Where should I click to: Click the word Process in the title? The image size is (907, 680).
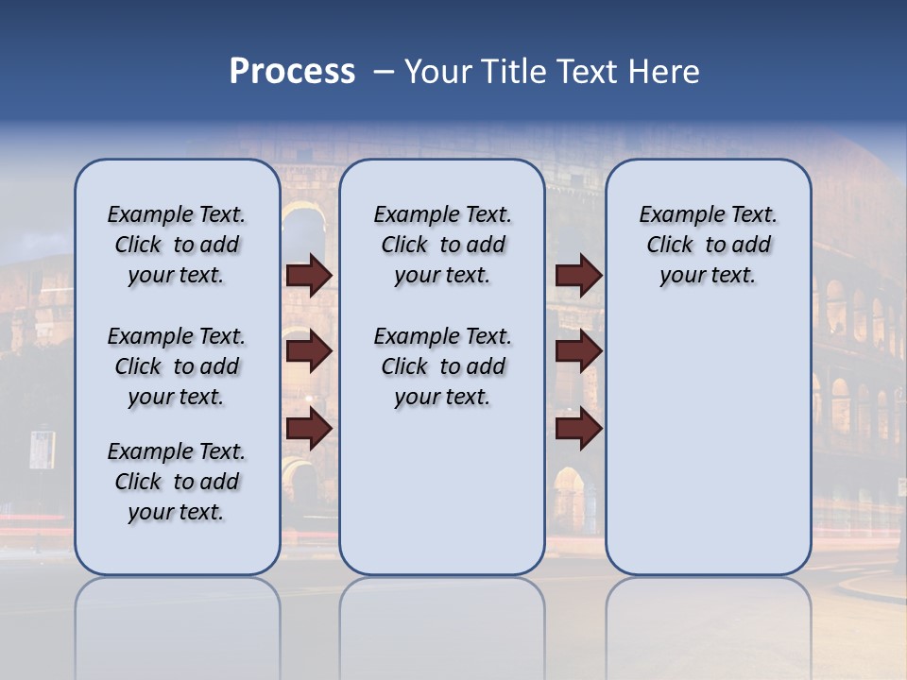[x=292, y=71]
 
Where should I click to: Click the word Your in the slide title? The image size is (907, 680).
[x=439, y=72]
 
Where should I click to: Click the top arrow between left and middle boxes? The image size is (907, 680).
[x=309, y=275]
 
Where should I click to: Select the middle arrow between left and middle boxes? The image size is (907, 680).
[x=309, y=351]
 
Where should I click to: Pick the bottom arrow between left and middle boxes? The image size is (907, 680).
[x=309, y=429]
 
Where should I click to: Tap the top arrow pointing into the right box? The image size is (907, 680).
[x=578, y=275]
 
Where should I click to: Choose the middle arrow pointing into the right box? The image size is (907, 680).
[x=578, y=351]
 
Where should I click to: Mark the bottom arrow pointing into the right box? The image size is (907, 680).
[x=578, y=429]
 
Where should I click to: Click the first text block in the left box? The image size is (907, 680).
[x=177, y=245]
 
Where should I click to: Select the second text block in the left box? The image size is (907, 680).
[x=177, y=366]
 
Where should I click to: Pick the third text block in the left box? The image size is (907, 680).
[x=177, y=482]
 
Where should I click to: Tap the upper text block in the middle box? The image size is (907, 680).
[x=442, y=245]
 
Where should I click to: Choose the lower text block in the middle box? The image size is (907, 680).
[x=442, y=366]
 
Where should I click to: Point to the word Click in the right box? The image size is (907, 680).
[x=670, y=246]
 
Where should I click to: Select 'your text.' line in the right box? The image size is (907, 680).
[x=708, y=276]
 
